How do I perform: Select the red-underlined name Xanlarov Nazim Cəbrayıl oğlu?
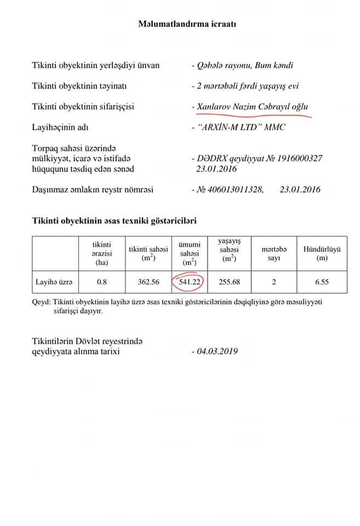253,106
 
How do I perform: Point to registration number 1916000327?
296,158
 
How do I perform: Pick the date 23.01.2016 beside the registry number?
300,190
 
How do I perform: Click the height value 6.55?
322,282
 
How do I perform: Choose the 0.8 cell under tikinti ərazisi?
101,282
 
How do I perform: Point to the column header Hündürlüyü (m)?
322,253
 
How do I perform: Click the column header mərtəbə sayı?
273,253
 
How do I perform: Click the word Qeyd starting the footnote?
41,302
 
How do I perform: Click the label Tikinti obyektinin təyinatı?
79,86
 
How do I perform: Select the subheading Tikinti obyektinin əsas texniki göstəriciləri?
114,221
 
